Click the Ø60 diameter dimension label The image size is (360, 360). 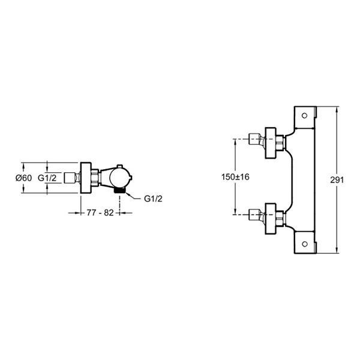23,178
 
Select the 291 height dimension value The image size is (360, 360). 337,180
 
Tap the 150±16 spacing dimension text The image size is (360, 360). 235,177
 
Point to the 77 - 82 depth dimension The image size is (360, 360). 100,213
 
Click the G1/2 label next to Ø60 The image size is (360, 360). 47,178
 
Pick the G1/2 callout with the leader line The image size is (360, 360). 153,199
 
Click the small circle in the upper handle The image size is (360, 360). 304,115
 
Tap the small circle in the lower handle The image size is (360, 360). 304,244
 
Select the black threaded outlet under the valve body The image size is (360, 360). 119,190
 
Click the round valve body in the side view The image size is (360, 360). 119,178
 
